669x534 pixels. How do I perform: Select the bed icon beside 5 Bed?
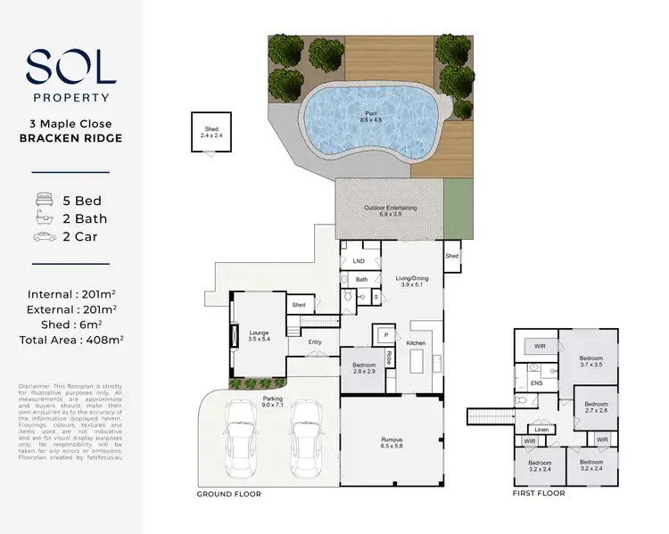(x=44, y=201)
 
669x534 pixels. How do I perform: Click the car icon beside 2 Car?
(x=44, y=237)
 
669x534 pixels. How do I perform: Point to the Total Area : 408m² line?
(x=70, y=339)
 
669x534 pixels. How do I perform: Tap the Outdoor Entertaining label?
(x=390, y=211)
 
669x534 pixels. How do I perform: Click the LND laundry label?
(x=359, y=261)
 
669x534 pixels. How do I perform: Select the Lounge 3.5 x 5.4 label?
(x=259, y=335)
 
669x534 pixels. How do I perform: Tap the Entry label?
(x=315, y=341)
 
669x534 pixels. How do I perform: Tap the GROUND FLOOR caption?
(x=228, y=493)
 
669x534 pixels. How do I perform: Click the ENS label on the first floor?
(x=536, y=383)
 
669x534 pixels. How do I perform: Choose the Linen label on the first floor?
(x=541, y=430)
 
